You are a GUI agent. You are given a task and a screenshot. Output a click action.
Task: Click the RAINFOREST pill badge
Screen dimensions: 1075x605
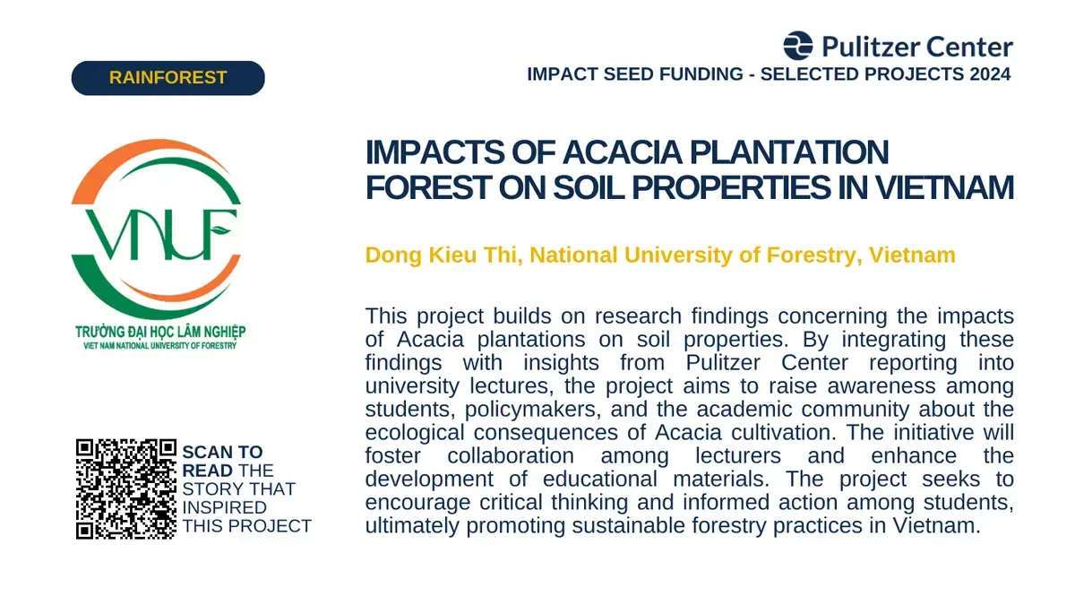click(168, 78)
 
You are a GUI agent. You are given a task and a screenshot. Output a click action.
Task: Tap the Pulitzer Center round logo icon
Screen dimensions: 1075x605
click(798, 46)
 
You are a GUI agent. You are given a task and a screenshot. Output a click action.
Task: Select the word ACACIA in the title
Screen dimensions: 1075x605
click(623, 152)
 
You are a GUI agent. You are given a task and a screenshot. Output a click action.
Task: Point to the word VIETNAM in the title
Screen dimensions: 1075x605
click(945, 187)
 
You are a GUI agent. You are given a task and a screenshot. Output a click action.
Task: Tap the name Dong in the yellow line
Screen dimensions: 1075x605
click(393, 255)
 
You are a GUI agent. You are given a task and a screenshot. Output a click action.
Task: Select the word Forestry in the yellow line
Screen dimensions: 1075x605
click(811, 255)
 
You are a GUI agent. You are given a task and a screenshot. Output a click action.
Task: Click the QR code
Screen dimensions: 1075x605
click(126, 488)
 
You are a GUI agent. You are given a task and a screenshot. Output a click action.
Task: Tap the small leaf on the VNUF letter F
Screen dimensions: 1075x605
click(221, 230)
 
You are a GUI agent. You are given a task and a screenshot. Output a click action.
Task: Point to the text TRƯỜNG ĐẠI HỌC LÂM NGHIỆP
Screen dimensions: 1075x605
click(160, 332)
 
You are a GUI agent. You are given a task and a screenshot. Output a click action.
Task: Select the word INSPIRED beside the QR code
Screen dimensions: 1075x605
click(225, 507)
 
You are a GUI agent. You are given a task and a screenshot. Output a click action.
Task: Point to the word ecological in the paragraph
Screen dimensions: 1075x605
click(415, 433)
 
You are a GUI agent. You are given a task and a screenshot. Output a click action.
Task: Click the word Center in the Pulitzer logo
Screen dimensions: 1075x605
click(970, 47)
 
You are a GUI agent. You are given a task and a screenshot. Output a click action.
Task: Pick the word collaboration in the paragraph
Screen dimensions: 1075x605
click(511, 455)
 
